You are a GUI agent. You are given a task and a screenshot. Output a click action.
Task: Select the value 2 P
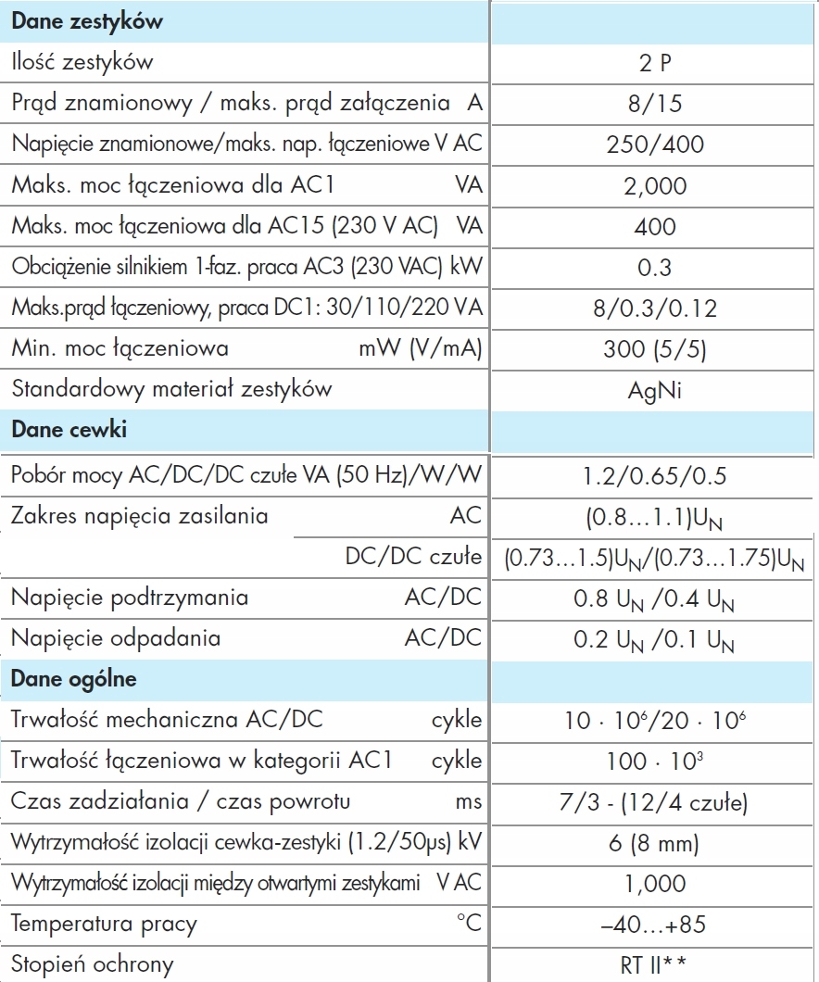(x=656, y=63)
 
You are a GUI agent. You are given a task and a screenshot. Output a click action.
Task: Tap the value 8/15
(x=656, y=104)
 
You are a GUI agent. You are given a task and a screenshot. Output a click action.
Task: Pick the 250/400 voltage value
(x=656, y=145)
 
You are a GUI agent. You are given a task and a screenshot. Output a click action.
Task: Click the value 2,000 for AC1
(x=656, y=185)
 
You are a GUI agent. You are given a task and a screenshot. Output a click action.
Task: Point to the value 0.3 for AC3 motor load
(x=656, y=267)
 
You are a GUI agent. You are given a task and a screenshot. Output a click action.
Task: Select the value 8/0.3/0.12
(x=656, y=308)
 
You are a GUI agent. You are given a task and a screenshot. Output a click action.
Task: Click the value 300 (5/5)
(x=656, y=348)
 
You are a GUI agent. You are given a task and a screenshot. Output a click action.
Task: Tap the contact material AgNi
(x=656, y=389)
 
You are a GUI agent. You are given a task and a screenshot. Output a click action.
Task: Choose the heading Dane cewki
(x=69, y=430)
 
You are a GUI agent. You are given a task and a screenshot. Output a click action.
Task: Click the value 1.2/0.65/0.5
(x=656, y=476)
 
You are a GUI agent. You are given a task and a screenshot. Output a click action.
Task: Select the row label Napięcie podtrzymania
(x=130, y=598)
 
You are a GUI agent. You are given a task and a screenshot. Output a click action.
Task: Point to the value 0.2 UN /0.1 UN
(x=656, y=639)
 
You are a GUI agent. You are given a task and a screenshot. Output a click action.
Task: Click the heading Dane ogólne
(x=74, y=679)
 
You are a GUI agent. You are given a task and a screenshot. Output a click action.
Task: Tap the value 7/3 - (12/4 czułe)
(x=656, y=802)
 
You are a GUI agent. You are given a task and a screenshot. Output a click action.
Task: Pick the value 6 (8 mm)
(x=656, y=843)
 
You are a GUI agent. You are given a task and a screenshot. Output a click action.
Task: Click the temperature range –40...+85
(x=656, y=925)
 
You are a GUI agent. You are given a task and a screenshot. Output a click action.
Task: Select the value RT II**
(x=656, y=964)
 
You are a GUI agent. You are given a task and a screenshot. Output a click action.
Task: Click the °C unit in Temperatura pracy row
(x=468, y=924)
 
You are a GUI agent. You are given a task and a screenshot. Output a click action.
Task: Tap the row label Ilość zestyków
(x=82, y=63)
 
